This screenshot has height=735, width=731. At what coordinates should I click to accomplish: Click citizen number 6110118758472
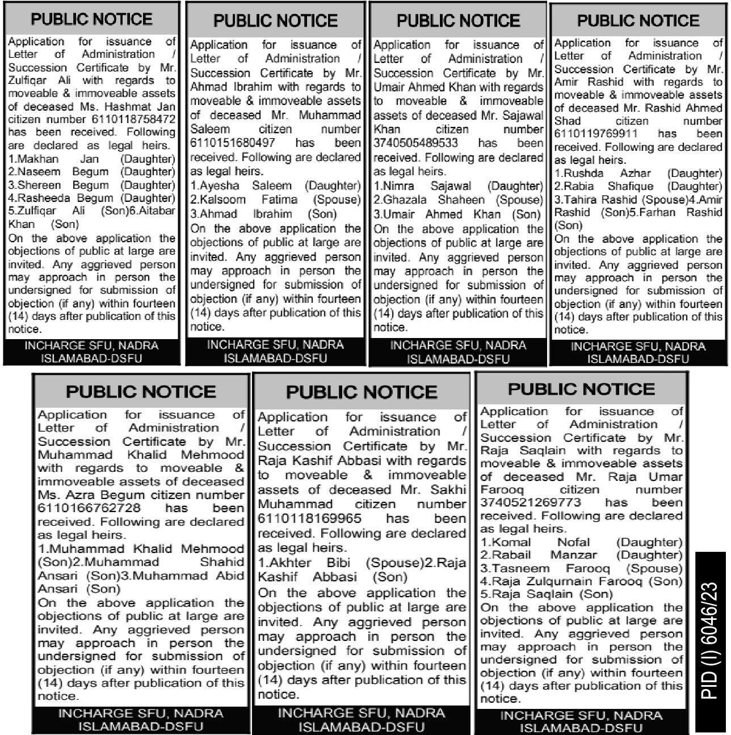pos(133,120)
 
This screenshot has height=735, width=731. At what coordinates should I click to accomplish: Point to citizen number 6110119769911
pos(596,134)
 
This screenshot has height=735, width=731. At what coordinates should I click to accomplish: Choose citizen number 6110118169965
pos(309,518)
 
